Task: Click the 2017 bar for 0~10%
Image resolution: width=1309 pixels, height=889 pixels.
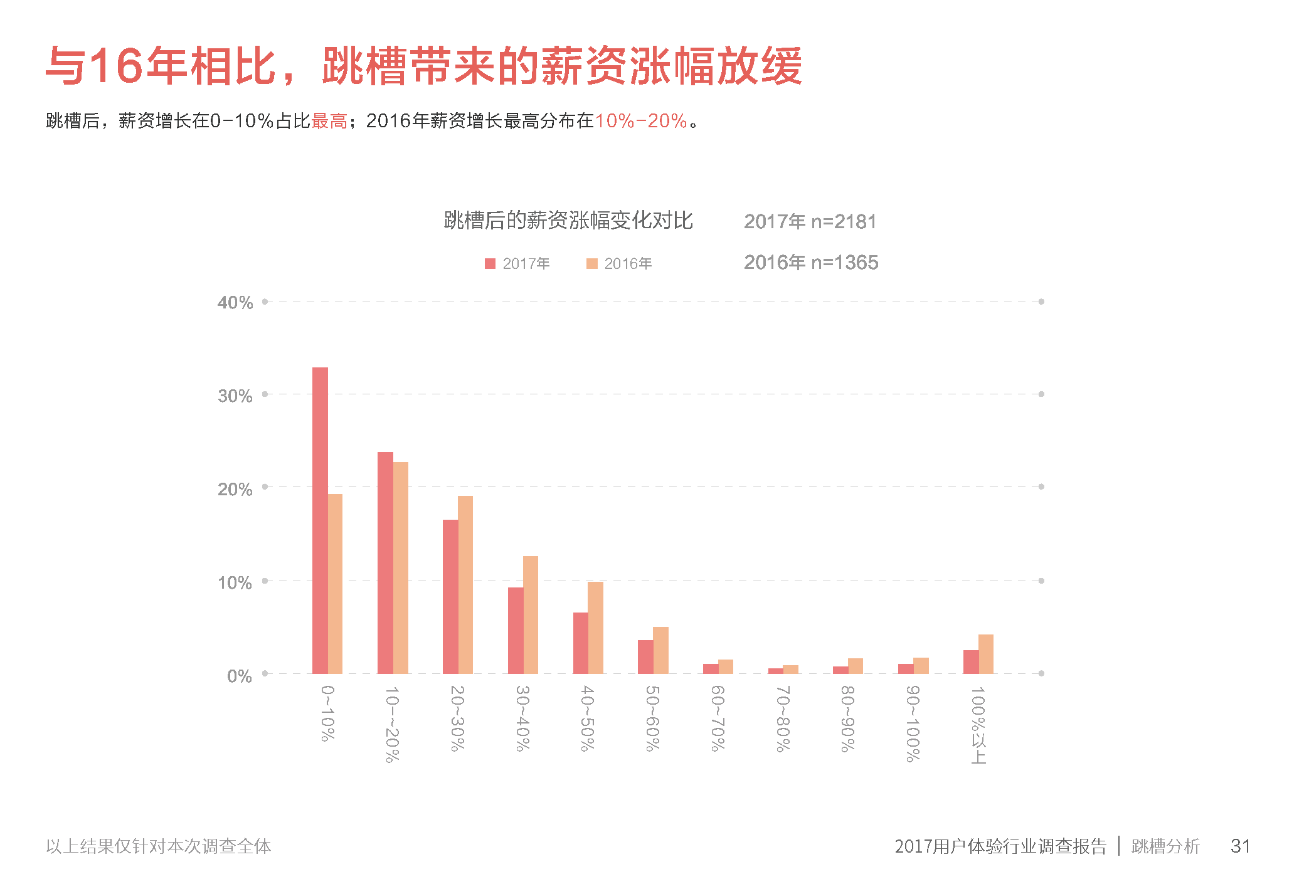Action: click(320, 520)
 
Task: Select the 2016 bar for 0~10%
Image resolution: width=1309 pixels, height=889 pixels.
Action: click(335, 584)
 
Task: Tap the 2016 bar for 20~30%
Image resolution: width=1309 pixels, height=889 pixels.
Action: click(465, 584)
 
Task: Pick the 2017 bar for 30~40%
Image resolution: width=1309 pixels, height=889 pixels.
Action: click(516, 630)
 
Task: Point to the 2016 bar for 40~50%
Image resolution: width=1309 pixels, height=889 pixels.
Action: click(595, 628)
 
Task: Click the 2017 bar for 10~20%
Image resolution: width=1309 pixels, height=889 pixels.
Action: click(385, 562)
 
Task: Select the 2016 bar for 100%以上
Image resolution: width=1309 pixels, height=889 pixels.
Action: click(986, 654)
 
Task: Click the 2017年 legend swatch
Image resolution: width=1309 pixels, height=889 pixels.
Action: click(490, 264)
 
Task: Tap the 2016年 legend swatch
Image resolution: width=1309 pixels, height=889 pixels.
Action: click(591, 264)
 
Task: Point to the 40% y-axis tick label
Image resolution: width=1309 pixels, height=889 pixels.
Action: click(235, 303)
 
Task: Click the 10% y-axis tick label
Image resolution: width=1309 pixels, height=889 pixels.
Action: click(235, 582)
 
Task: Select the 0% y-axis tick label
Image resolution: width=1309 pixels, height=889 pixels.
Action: click(240, 676)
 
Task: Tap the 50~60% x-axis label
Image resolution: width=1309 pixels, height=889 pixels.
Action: click(652, 718)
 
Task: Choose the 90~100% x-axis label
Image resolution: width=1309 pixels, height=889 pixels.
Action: click(913, 724)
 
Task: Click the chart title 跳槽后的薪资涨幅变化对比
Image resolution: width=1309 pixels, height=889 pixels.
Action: click(568, 220)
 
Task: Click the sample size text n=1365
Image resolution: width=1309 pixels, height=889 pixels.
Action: click(844, 262)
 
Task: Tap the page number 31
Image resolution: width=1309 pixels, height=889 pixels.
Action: click(1240, 846)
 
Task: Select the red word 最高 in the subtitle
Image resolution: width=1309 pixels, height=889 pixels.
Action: click(329, 120)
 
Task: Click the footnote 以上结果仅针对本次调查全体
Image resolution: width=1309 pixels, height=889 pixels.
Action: click(159, 846)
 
